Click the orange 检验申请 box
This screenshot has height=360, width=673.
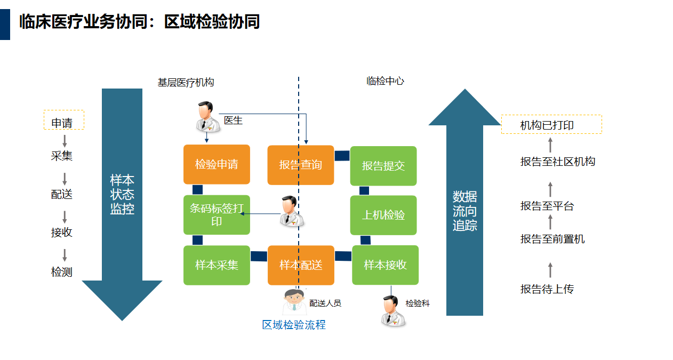pos(217,164)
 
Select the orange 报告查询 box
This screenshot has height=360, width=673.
pos(300,165)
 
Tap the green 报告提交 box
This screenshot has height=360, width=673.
pos(383,165)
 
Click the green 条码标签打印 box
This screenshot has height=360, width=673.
pos(217,214)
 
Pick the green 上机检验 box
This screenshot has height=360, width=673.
pos(383,215)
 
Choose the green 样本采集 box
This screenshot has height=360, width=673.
pos(217,265)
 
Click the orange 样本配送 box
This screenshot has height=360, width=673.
pos(301,265)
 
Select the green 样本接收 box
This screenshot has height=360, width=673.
pos(385,265)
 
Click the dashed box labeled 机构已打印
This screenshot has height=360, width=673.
pos(551,125)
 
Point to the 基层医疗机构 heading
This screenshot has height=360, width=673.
pos(186,83)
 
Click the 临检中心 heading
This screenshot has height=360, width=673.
pos(385,81)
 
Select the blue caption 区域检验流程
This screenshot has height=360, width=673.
pos(294,325)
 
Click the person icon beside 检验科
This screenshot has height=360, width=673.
pos(393,311)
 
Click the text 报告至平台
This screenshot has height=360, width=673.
pos(547,206)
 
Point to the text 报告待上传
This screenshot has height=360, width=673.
pos(547,289)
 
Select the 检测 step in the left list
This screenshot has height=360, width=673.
pos(62,272)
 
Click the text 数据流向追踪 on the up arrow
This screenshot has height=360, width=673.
pos(464,211)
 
